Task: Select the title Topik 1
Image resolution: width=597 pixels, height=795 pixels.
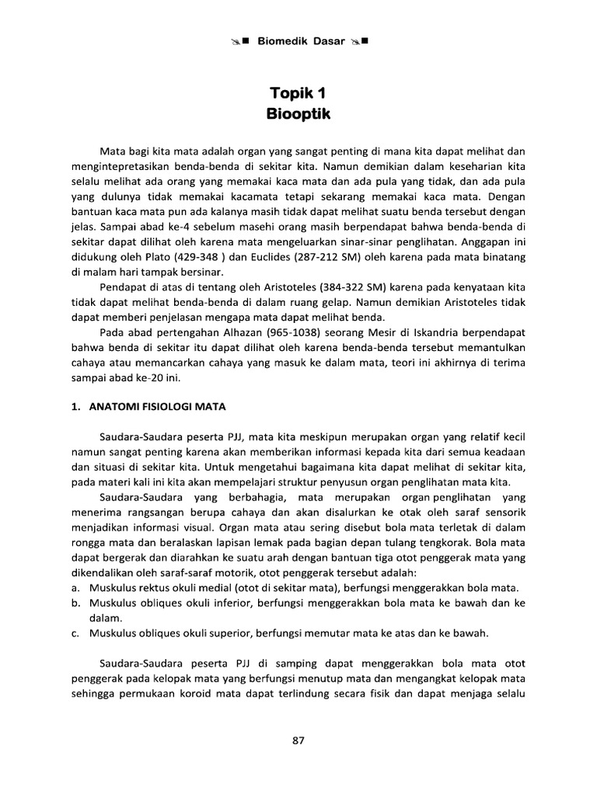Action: [x=298, y=95]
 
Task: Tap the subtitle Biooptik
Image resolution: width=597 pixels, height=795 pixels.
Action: [x=298, y=115]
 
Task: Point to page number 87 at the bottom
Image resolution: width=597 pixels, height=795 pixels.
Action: [x=298, y=741]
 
